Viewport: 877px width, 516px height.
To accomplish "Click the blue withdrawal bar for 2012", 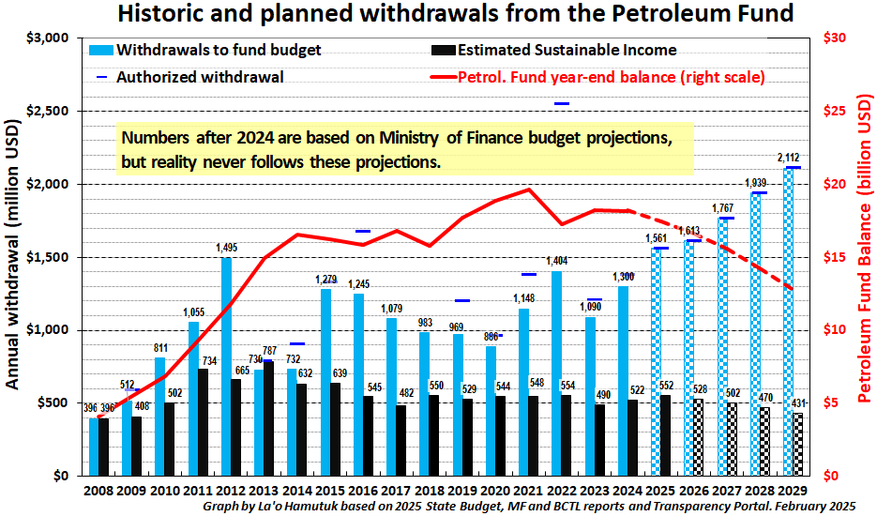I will (x=226, y=366).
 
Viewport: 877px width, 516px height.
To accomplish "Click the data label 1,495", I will (x=227, y=249).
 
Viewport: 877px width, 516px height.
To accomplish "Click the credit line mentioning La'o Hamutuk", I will (x=529, y=507).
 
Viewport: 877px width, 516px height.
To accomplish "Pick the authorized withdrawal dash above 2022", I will (x=562, y=104).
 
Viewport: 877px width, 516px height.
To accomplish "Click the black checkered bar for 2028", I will (x=765, y=441).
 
